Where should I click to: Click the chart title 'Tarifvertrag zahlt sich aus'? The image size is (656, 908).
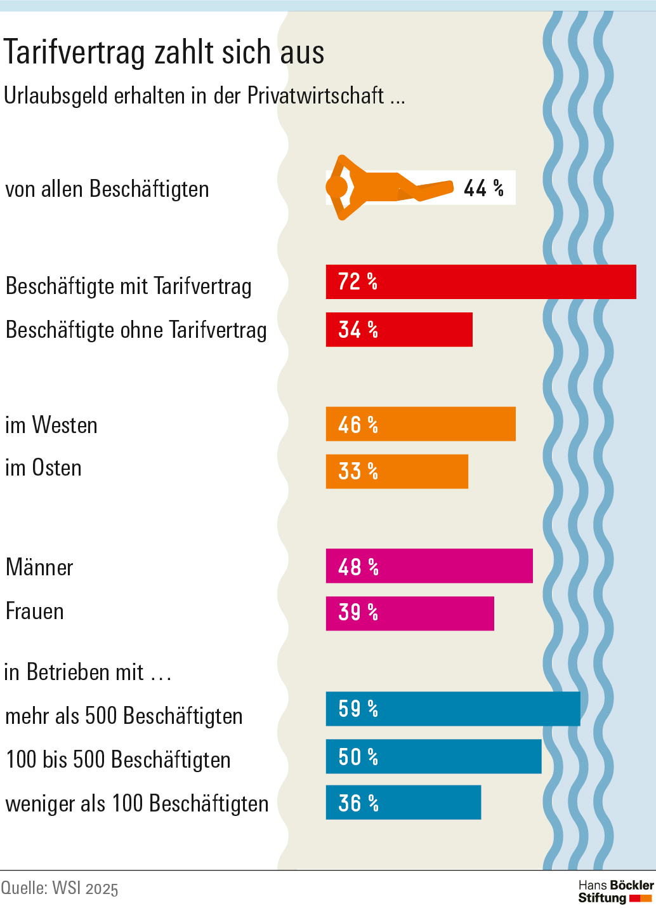click(164, 52)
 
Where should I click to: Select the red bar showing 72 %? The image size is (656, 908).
click(480, 282)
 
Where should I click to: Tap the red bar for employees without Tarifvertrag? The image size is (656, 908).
click(399, 330)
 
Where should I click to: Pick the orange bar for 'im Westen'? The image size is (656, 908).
click(421, 424)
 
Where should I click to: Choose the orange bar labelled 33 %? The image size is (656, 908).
click(397, 472)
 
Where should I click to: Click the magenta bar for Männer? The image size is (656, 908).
click(429, 566)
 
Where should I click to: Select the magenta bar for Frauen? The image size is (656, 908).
click(410, 613)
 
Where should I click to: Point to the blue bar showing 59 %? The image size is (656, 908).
click(453, 709)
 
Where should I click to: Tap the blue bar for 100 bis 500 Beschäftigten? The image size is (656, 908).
click(433, 756)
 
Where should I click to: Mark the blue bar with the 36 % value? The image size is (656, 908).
click(403, 803)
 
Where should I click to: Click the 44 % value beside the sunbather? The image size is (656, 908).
click(483, 188)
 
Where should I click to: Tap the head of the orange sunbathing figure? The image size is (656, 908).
click(336, 187)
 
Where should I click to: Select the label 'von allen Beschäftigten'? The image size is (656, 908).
click(107, 189)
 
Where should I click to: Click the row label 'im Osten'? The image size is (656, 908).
click(44, 468)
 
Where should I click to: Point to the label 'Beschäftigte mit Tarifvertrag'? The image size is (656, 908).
click(129, 286)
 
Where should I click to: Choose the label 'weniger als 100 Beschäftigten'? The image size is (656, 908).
click(137, 804)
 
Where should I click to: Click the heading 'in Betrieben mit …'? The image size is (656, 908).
click(88, 672)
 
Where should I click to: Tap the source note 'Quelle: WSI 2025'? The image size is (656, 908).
click(60, 888)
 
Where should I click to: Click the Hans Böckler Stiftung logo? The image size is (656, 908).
click(615, 891)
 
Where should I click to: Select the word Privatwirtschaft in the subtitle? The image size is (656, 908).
click(315, 96)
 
